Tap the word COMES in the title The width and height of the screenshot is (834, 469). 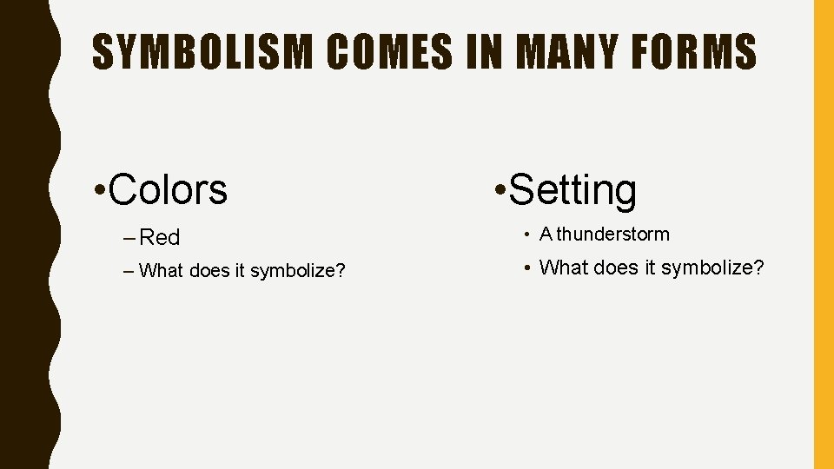point(390,52)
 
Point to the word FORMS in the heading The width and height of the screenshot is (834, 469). point(705,52)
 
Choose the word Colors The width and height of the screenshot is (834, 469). point(169,189)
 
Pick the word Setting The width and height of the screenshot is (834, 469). point(573,190)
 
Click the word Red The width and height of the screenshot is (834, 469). point(160,237)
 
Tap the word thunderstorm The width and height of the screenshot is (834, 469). point(613,234)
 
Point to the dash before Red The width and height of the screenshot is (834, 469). point(129,237)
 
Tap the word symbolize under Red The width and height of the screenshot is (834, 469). point(293,271)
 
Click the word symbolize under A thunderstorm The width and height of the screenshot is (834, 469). point(706,268)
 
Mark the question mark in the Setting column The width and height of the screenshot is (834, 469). point(758,268)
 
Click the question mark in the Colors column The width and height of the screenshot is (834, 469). point(341,271)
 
